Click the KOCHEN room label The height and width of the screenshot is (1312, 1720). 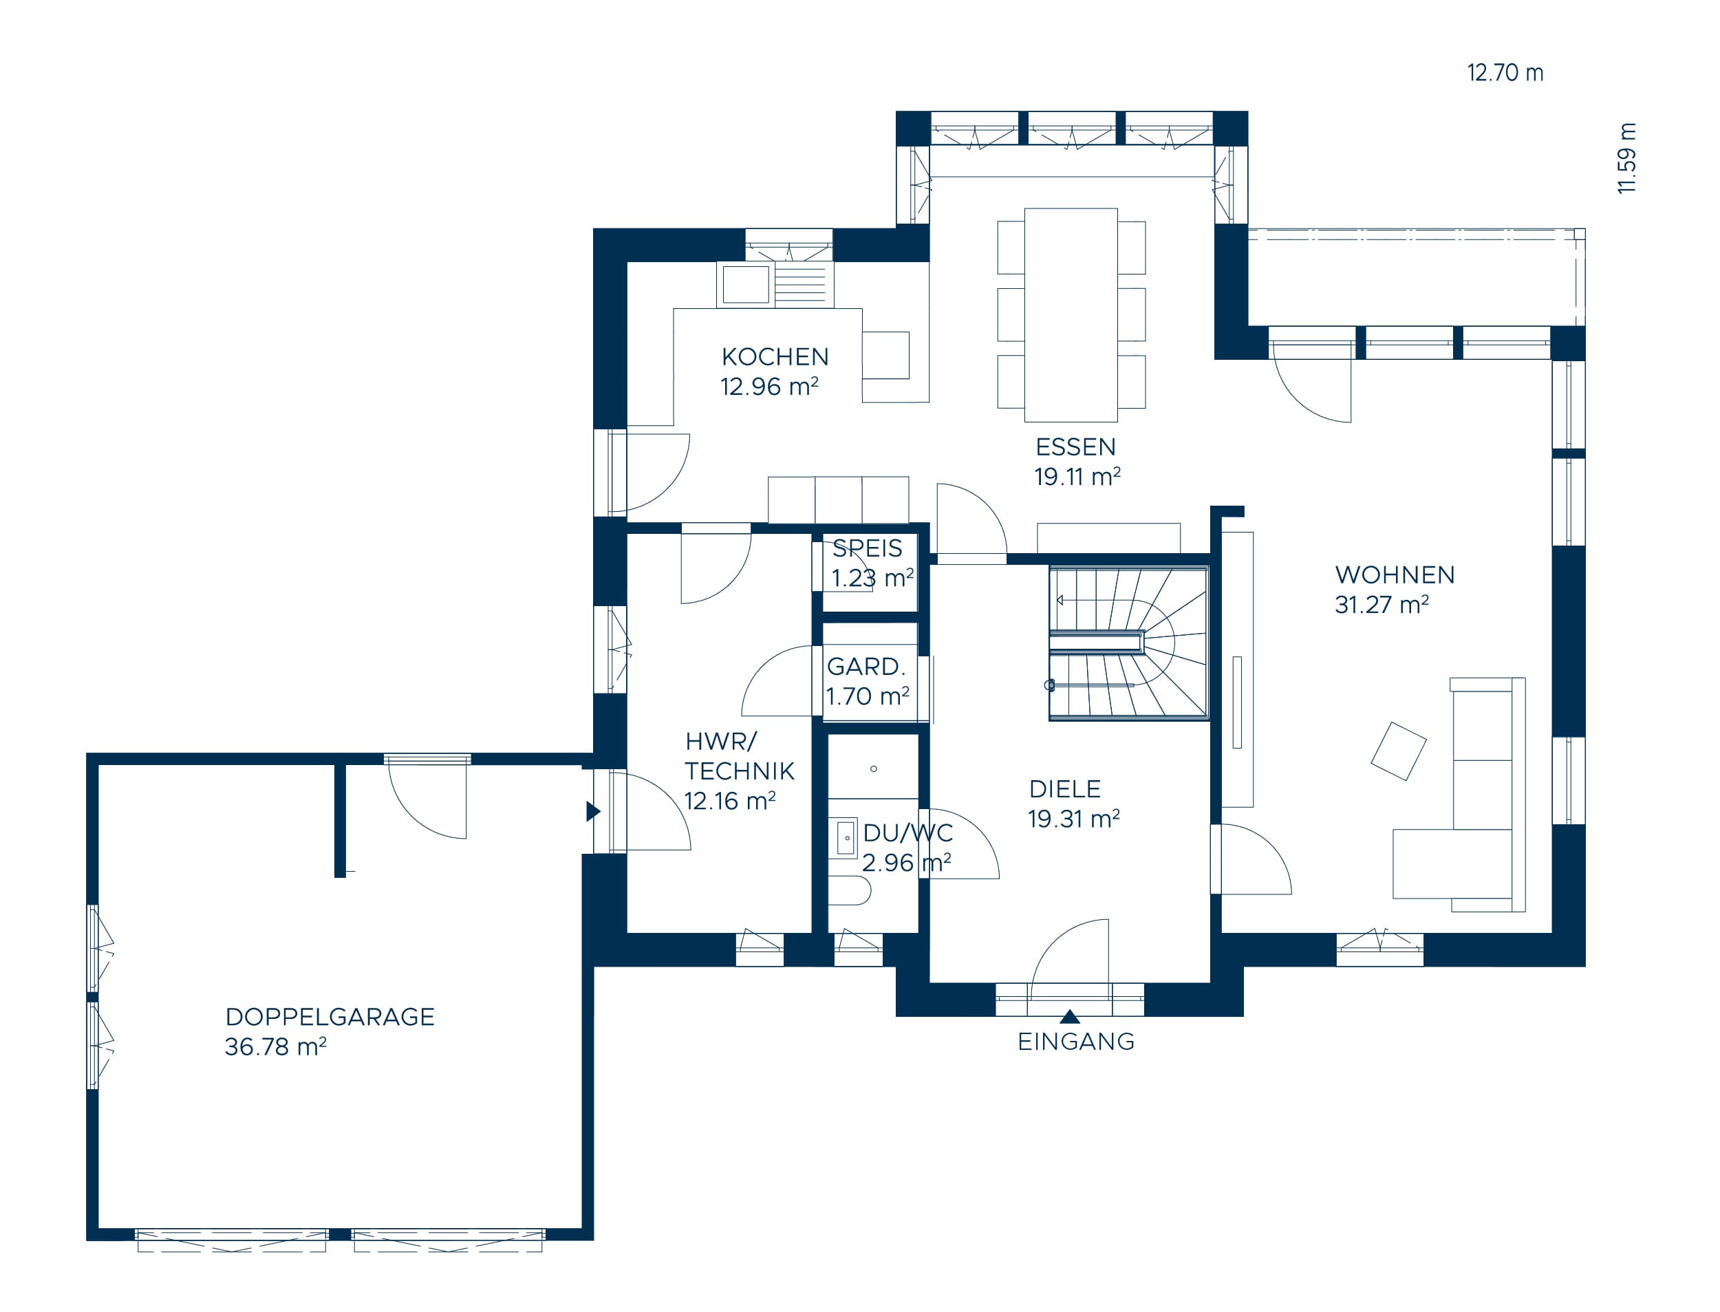[775, 357]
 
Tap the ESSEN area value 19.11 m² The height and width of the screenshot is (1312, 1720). [1077, 476]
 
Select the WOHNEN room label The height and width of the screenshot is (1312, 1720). [1395, 574]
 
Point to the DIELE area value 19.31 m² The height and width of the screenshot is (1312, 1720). [1073, 819]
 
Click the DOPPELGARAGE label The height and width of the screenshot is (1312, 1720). [330, 1017]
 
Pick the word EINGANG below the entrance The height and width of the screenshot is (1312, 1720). [1076, 1041]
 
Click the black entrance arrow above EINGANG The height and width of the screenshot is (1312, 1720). [1070, 1016]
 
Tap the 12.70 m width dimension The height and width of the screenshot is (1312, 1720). [1505, 73]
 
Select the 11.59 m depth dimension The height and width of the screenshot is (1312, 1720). [1626, 158]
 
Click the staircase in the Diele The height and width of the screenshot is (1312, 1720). [1128, 643]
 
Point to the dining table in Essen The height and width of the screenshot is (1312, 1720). [1071, 314]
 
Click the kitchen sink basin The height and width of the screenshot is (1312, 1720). [746, 284]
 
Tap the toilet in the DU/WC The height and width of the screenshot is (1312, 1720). [850, 890]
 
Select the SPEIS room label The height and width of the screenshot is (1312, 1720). [867, 548]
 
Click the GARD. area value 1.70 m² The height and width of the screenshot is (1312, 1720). [868, 696]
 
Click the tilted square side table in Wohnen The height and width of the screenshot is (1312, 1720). [1398, 751]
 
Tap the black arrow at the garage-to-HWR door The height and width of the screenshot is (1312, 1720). [593, 811]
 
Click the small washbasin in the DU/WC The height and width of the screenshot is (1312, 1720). [846, 838]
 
